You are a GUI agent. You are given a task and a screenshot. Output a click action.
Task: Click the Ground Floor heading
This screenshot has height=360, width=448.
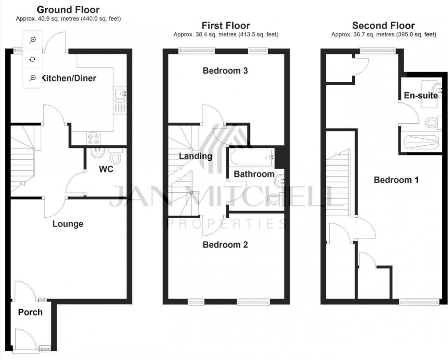coord(68,10)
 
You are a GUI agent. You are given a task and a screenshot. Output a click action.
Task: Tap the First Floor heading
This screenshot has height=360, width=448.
coord(225,25)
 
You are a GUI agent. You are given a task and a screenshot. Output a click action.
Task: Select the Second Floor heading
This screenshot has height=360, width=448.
coord(383,25)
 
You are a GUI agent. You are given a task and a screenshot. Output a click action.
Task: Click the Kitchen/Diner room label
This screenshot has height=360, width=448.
coord(69,79)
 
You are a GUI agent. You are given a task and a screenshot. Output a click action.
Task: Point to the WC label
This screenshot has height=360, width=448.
coord(106,169)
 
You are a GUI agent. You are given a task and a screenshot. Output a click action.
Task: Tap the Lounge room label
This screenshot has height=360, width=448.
coord(68,224)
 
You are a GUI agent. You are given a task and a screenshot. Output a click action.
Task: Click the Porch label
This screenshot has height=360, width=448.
coord(30,312)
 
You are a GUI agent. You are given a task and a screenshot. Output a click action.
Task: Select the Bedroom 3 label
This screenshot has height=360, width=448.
coord(225,70)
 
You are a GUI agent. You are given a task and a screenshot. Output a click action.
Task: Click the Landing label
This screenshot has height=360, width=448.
coord(195,156)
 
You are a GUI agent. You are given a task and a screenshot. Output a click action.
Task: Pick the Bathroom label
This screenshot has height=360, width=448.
coord(254,174)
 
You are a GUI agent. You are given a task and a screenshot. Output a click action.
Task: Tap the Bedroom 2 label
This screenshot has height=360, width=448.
coord(225,245)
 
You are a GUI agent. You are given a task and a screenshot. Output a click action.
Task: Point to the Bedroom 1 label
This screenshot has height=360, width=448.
coord(396,180)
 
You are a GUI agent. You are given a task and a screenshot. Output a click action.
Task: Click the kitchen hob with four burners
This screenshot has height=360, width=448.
coord(94,139)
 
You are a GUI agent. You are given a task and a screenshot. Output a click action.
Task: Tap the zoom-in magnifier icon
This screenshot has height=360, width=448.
coord(33,40)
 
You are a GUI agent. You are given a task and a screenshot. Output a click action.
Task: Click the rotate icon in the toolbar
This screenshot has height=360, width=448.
coord(33,59)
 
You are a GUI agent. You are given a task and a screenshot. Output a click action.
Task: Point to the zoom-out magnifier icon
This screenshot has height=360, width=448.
coord(33,78)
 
